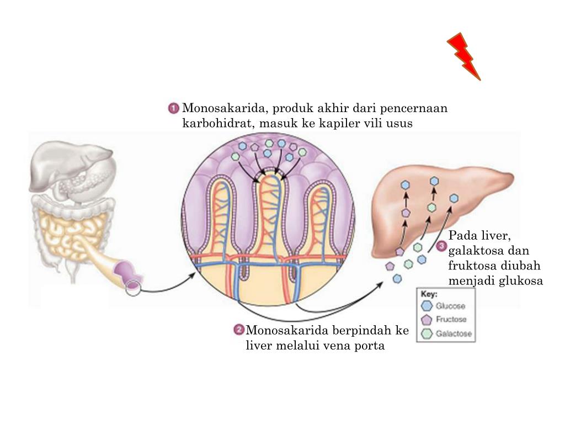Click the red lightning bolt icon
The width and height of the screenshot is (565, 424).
463,56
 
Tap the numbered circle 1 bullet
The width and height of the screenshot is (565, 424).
174,108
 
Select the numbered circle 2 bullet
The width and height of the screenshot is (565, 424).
239,330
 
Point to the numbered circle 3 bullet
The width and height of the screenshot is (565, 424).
441,247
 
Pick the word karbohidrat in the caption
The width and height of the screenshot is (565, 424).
216,123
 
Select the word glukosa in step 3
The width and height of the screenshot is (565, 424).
521,280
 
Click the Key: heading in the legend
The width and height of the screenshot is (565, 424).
429,294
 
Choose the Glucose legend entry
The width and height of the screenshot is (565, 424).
451,306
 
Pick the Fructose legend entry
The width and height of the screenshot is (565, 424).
451,320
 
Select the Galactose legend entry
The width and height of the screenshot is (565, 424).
454,333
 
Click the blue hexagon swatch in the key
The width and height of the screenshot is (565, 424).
427,306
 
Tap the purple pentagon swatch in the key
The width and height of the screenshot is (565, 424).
426,320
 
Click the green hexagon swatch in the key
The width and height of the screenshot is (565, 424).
427,333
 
